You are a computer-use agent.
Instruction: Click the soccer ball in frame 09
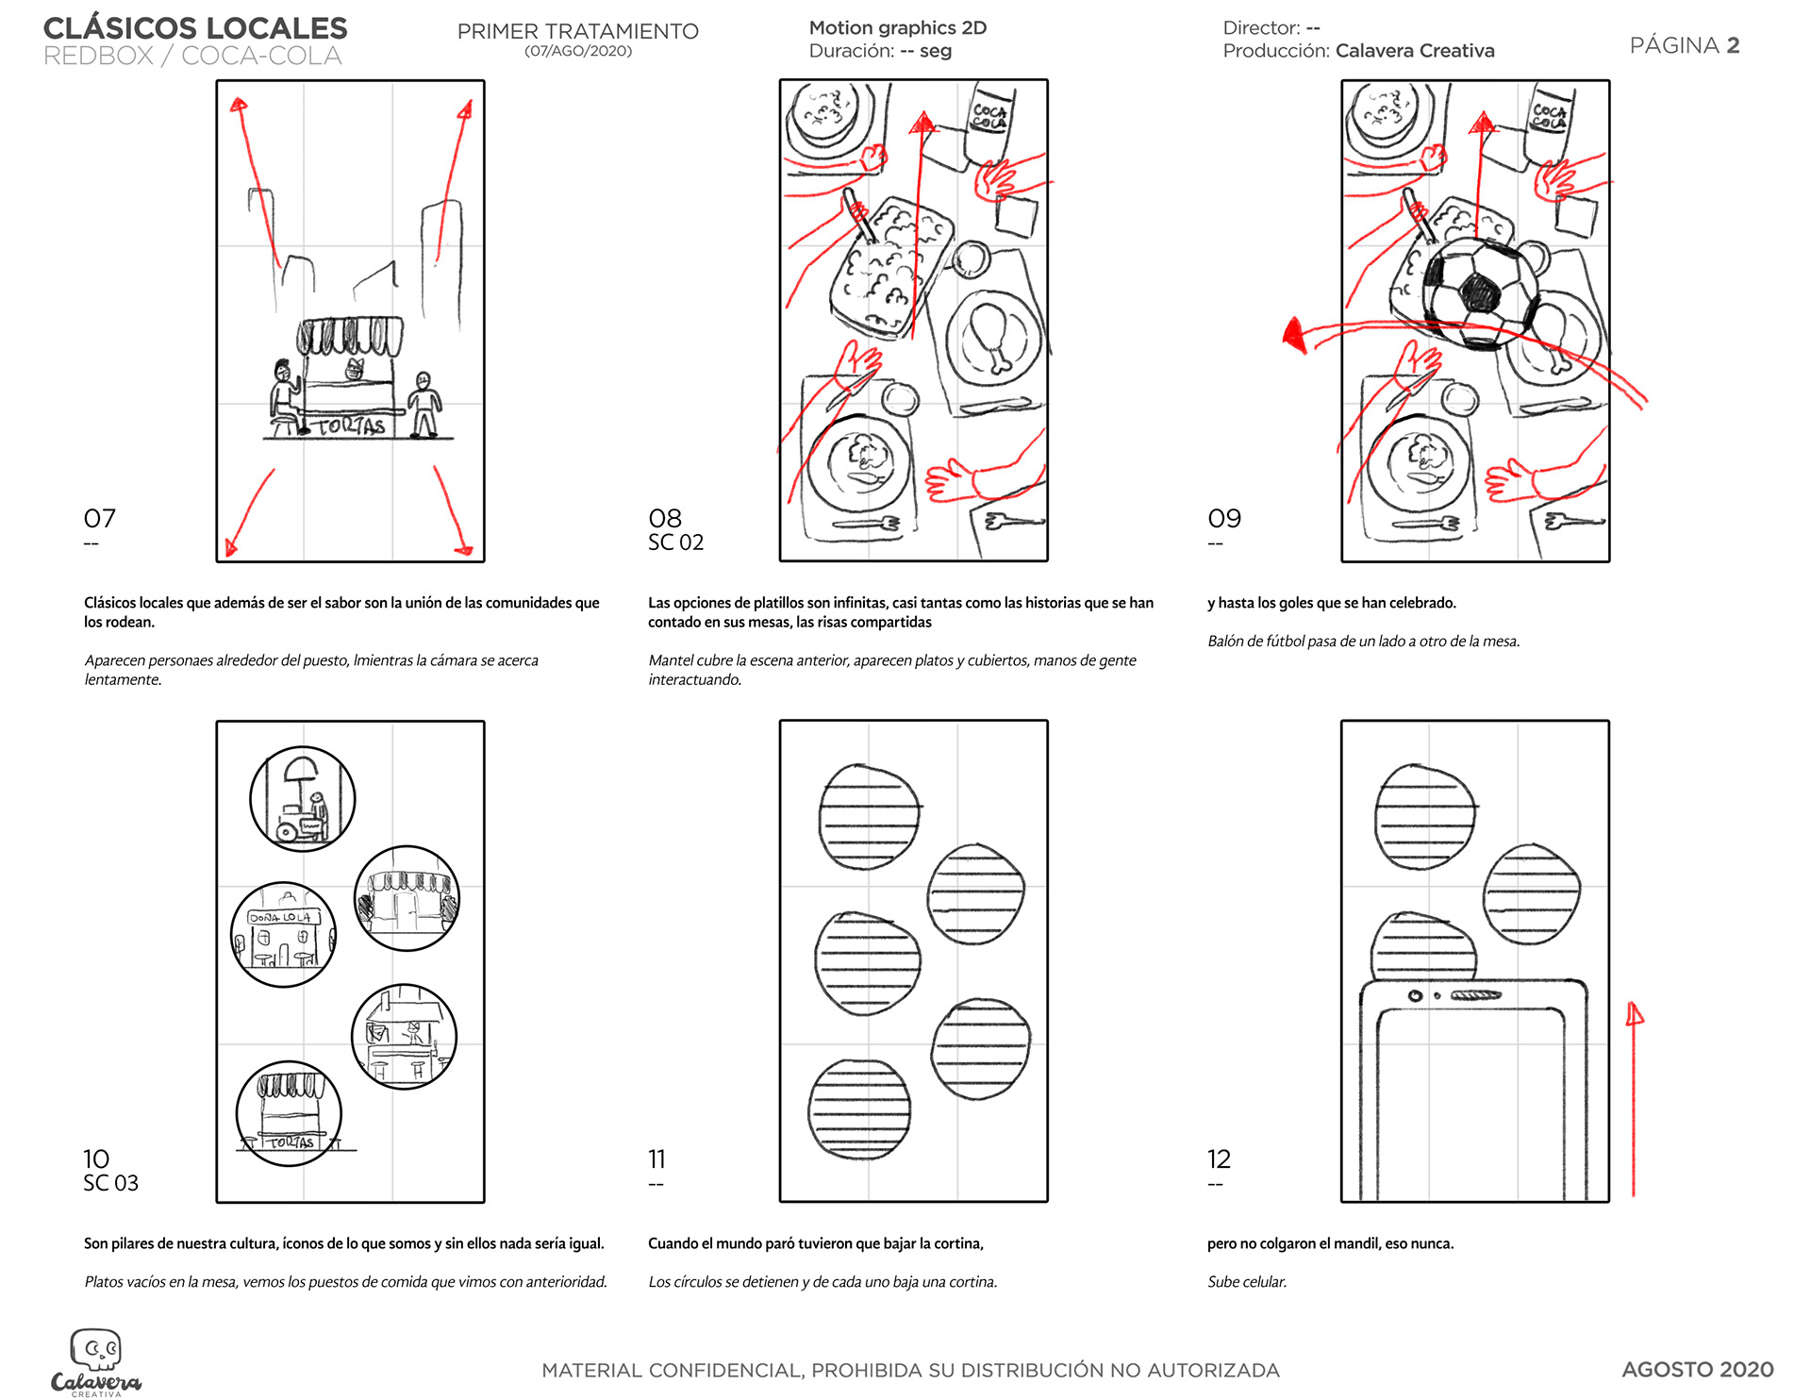1479,292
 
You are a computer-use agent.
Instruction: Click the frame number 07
99,518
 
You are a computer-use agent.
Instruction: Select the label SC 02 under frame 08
675,542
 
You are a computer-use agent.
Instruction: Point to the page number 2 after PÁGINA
1733,45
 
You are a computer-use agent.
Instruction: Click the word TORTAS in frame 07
351,426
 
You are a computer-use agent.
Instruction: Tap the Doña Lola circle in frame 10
284,935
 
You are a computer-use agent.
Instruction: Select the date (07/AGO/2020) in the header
578,51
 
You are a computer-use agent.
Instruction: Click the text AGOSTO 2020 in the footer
1697,1369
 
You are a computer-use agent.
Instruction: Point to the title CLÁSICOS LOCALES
195,28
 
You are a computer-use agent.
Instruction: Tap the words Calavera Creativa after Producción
1415,51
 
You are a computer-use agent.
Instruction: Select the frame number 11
656,1158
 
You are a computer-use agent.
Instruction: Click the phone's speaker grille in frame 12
1475,995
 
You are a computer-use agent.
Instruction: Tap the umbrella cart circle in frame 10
303,799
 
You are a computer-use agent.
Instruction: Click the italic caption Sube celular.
1247,1282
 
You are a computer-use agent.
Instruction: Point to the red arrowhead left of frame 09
1294,335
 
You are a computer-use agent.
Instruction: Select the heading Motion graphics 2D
897,28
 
